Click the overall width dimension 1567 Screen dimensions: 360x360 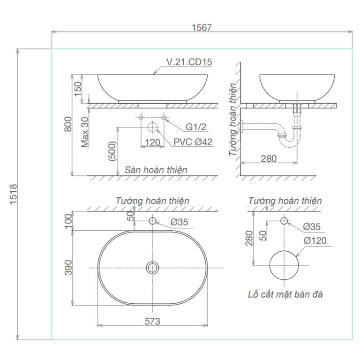pyautogui.click(x=202, y=28)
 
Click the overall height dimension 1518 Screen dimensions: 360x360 pyautogui.click(x=14, y=194)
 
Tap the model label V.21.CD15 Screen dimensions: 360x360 pyautogui.click(x=189, y=62)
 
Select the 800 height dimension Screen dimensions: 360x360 pyautogui.click(x=68, y=124)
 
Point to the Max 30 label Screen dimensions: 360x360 pyautogui.click(x=85, y=132)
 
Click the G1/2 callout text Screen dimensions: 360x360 pyautogui.click(x=196, y=127)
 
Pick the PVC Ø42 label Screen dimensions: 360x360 pyautogui.click(x=193, y=142)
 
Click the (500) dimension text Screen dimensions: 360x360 pyautogui.click(x=112, y=151)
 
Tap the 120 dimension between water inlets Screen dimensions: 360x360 pyautogui.click(x=153, y=142)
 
